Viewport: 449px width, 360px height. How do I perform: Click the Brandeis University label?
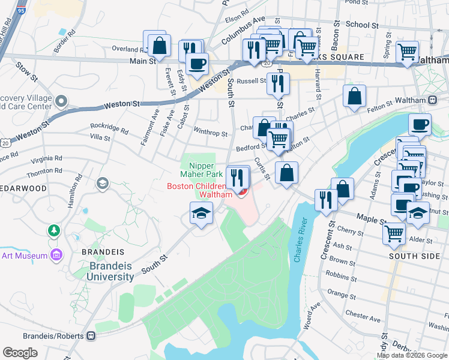(x=112, y=271)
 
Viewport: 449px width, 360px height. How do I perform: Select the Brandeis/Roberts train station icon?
(x=91, y=335)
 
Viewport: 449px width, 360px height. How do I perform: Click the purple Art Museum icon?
(x=56, y=256)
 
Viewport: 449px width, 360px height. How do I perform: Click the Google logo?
(x=20, y=353)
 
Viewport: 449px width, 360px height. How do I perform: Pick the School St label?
(x=362, y=25)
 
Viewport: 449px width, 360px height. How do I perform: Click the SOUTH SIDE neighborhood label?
(x=411, y=256)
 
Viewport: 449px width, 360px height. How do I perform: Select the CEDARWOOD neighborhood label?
(x=23, y=188)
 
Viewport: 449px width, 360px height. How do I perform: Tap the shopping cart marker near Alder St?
(x=394, y=233)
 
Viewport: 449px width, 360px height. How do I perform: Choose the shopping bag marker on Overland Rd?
(x=160, y=46)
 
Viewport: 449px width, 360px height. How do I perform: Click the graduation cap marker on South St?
(x=202, y=212)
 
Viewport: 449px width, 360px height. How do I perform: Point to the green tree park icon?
(x=54, y=230)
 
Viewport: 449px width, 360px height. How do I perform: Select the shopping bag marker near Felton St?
(x=355, y=95)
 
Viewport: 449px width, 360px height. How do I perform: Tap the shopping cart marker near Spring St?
(x=407, y=51)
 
